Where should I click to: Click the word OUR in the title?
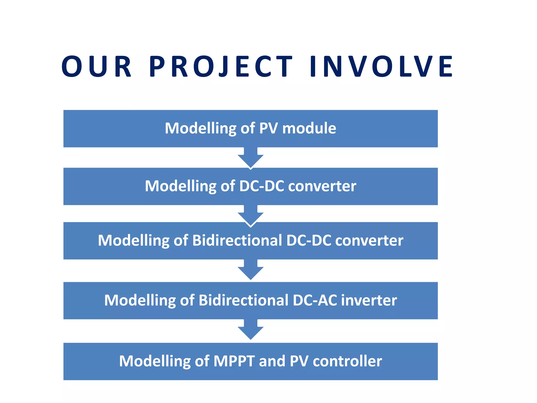coord(96,67)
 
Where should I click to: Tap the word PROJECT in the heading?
coord(221,67)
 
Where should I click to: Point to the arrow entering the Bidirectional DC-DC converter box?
coord(250,216)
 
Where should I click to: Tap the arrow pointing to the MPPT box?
coord(250,330)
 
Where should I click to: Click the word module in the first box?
coord(309,128)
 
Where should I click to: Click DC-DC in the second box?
coord(262,186)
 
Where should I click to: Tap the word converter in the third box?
coord(369,240)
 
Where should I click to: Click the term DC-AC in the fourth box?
coord(315,300)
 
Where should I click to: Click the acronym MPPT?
coord(234,361)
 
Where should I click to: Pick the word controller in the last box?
coord(347,361)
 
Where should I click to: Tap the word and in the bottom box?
coord(272,361)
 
